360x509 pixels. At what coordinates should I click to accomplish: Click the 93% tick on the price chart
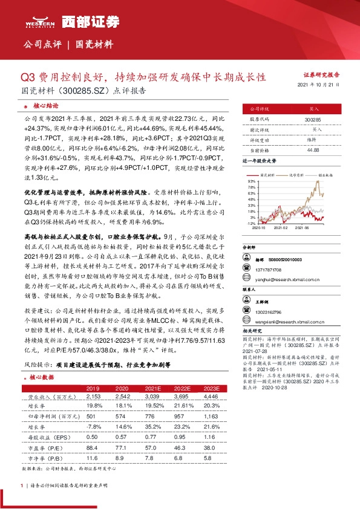point(250,181)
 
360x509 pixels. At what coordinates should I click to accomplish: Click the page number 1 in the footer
point(22,485)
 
